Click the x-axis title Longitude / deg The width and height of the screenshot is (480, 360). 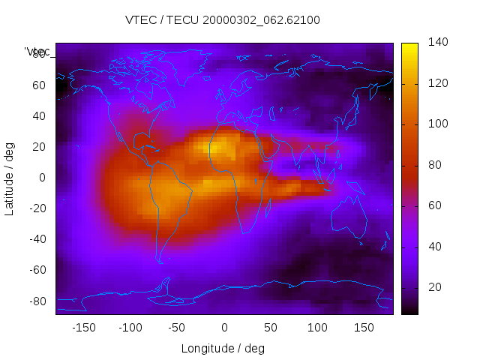pyautogui.click(x=223, y=348)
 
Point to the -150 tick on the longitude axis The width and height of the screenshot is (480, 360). pyautogui.click(x=84, y=328)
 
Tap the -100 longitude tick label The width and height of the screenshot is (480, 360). pyautogui.click(x=130, y=328)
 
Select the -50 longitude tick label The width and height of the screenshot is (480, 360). pyautogui.click(x=177, y=328)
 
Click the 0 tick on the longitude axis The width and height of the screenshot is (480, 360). pyautogui.click(x=224, y=328)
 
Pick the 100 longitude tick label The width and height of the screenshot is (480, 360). pyautogui.click(x=317, y=328)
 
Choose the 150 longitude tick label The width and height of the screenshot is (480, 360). pyautogui.click(x=364, y=328)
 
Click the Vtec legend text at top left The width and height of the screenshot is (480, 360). pyautogui.click(x=37, y=51)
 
